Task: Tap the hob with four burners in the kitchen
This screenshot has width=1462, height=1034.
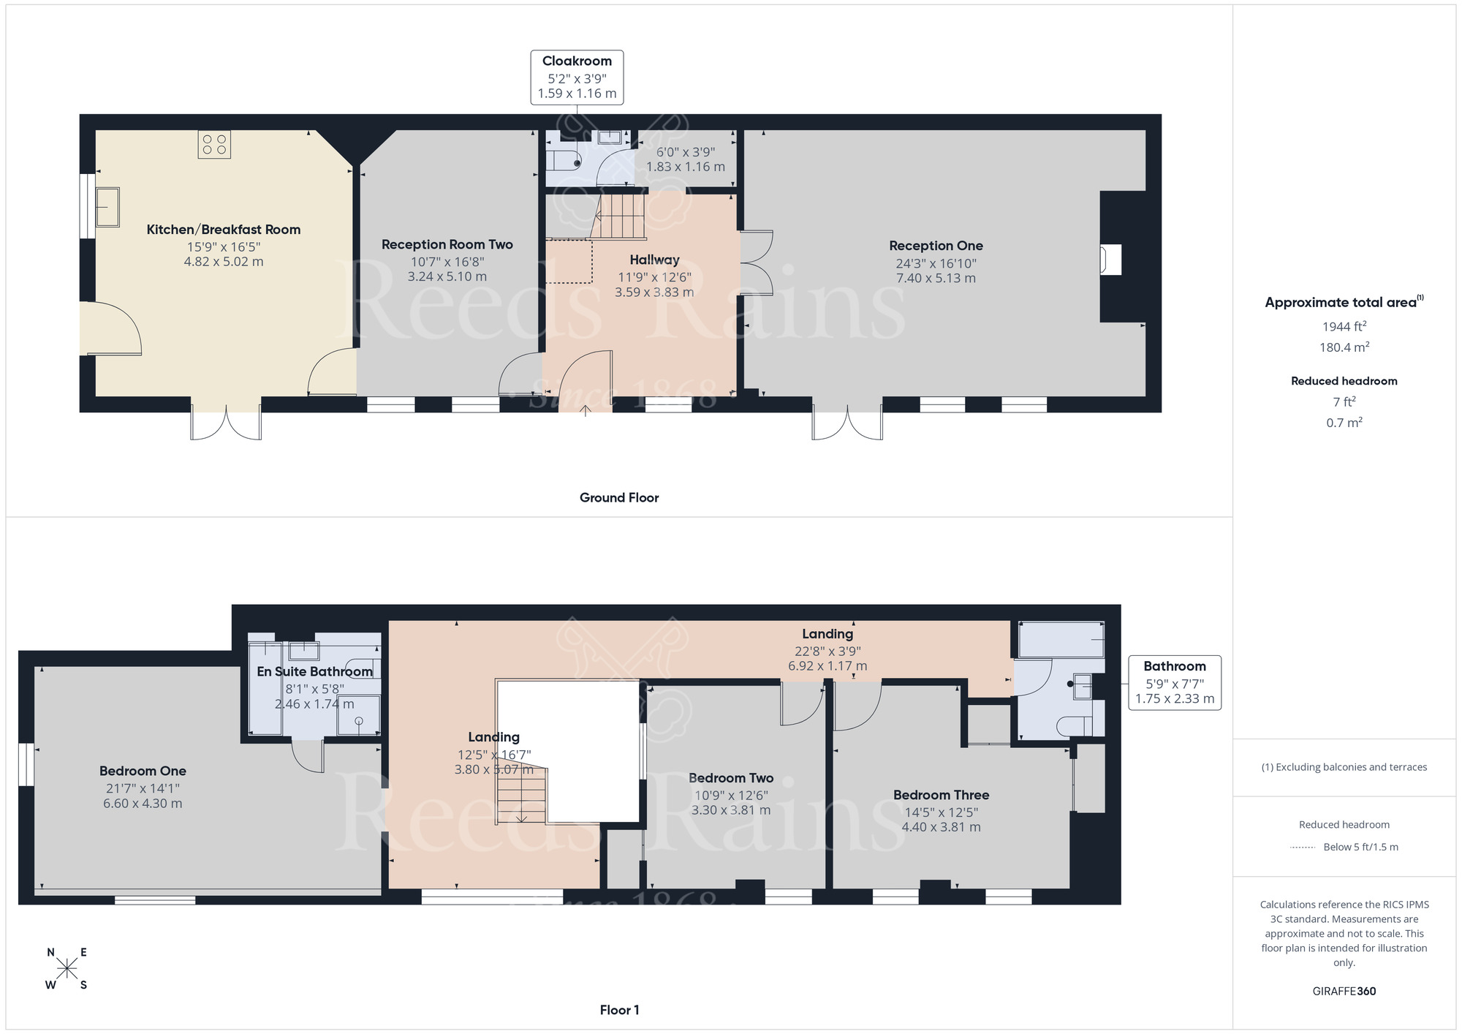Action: point(214,144)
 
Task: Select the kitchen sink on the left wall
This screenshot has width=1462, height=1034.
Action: point(107,207)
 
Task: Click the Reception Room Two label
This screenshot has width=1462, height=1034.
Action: point(447,244)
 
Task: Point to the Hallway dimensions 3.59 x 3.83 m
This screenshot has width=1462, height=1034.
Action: point(654,293)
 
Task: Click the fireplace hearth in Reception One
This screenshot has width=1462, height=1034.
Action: point(1110,260)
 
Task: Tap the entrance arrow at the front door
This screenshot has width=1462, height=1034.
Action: point(586,410)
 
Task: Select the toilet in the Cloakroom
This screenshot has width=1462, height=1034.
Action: point(564,160)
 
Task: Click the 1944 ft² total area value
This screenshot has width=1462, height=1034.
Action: point(1344,327)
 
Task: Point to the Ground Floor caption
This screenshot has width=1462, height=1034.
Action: point(619,497)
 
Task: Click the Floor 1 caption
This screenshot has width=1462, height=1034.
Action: point(619,1010)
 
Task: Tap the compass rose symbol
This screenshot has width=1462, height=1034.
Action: point(67,969)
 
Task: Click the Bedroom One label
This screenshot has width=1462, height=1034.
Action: point(143,771)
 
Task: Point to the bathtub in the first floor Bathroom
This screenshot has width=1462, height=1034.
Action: point(1061,640)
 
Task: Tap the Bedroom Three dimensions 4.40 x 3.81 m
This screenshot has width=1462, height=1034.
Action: point(941,827)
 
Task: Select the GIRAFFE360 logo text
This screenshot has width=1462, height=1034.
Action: point(1344,992)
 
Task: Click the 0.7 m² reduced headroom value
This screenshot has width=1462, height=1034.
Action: point(1344,423)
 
